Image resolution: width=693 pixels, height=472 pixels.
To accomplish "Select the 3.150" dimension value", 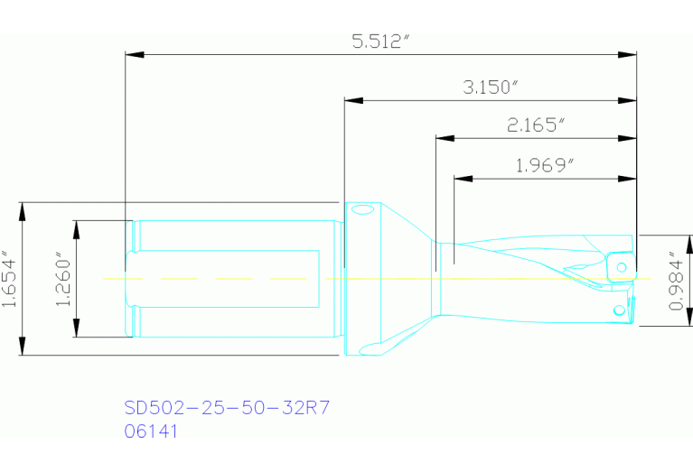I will coord(490,88).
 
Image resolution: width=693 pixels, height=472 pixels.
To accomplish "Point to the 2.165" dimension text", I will coord(536,125).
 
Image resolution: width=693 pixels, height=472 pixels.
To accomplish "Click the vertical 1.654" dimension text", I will coord(10,279).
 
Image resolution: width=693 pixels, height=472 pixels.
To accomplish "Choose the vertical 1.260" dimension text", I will coord(62,279).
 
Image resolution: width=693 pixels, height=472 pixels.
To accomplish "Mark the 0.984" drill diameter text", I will coord(676,281).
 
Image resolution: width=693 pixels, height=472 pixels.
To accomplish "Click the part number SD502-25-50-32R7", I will coord(226,408).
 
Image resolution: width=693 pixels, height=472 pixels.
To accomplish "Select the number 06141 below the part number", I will coord(151,431).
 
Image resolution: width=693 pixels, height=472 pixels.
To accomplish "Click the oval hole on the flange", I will coord(363,211).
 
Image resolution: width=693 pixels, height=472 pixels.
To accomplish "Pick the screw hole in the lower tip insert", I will coord(619,310).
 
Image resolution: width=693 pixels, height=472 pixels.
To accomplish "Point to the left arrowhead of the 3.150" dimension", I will coord(353,99).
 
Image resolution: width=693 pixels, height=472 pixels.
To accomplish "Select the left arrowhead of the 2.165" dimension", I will coord(444,139).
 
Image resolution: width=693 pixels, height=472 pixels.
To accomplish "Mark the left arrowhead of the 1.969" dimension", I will coord(461,178).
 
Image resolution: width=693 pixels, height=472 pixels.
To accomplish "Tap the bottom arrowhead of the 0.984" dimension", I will coord(691,318).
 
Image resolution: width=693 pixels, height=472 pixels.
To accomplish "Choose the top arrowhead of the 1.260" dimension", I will coord(77,227).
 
